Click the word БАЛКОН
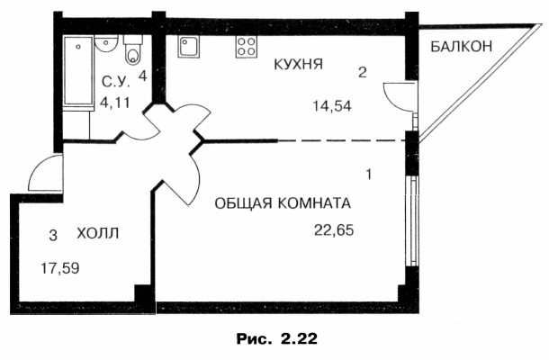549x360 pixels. pos(461,46)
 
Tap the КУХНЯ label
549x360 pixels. pos(298,65)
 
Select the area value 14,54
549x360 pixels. pos(332,106)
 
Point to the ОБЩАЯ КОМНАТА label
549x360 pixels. pos(283,203)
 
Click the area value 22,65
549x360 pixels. pos(334,230)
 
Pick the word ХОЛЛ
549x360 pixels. pos(98,233)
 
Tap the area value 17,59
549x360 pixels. pos(60,268)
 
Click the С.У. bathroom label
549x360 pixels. pos(115,82)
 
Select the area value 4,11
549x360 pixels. pos(115,103)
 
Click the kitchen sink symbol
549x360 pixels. pos(188,47)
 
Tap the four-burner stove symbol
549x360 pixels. pos(246,47)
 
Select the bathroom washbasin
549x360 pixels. pos(106,44)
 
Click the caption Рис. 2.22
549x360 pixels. pos(277,339)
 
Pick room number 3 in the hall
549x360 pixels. pos(53,235)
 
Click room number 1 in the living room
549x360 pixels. pos(369,174)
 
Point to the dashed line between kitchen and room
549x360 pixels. pos(341,141)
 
